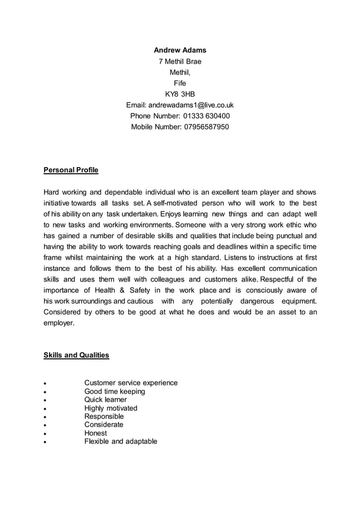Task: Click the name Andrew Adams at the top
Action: pos(180,50)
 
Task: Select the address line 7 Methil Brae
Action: pos(180,62)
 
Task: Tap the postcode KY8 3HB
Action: pos(180,94)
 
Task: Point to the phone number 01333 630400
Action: pos(207,116)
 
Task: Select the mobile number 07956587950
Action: pos(207,127)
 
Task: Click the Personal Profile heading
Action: pos(71,170)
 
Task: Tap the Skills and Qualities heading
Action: pos(76,356)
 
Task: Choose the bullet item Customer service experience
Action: pos(131,383)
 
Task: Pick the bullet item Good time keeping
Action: pos(115,392)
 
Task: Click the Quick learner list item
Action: pos(106,400)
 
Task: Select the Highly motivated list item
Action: pos(111,408)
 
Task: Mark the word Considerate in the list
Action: pos(104,424)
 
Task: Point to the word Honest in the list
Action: pos(95,433)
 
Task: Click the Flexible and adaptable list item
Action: pos(121,441)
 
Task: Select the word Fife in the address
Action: pos(180,84)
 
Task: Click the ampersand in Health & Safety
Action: pos(121,291)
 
